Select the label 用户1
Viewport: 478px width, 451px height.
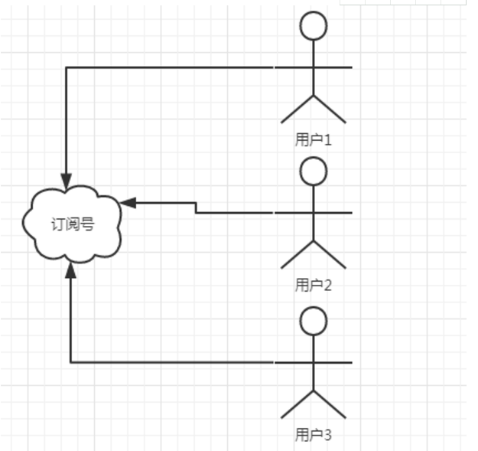pyautogui.click(x=314, y=140)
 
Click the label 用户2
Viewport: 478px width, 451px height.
pyautogui.click(x=314, y=286)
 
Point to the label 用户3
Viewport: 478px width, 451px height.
pyautogui.click(x=314, y=436)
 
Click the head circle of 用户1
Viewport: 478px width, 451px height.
pyautogui.click(x=313, y=26)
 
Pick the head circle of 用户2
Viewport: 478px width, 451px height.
pyautogui.click(x=313, y=172)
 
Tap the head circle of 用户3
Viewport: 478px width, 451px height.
pyautogui.click(x=313, y=322)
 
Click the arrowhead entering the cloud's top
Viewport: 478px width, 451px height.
pyautogui.click(x=67, y=180)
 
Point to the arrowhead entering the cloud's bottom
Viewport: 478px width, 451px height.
pyautogui.click(x=70, y=269)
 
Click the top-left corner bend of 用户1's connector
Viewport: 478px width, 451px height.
pyautogui.click(x=67, y=67)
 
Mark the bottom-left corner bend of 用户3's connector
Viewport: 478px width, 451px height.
pyautogui.click(x=70, y=361)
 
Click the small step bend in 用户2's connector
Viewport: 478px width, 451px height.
pyautogui.click(x=196, y=208)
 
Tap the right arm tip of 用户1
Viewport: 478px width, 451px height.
pyautogui.click(x=351, y=67)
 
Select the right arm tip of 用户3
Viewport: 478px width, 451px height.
pyautogui.click(x=351, y=361)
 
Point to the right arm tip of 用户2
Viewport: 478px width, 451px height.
pyautogui.click(x=351, y=213)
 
